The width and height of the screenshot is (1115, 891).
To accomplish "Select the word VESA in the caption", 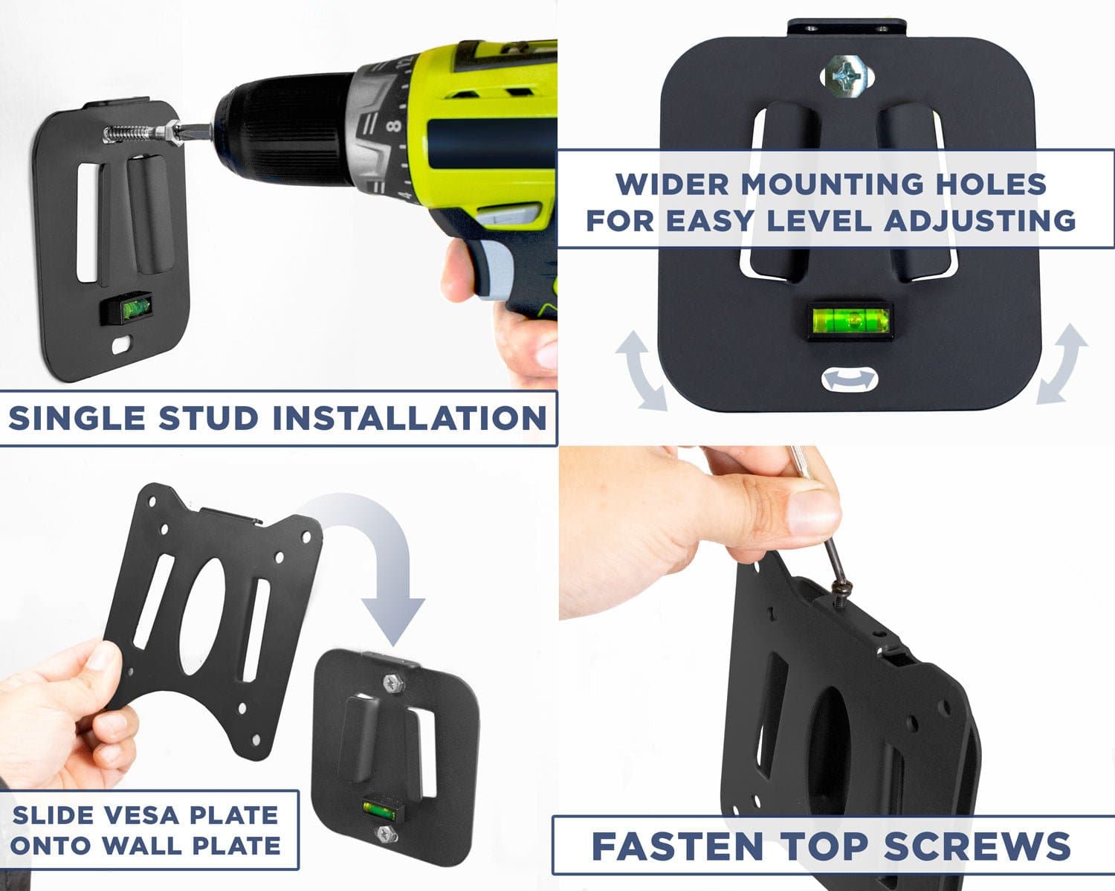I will click(x=148, y=814).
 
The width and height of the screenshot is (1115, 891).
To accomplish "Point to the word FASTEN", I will click(x=677, y=846).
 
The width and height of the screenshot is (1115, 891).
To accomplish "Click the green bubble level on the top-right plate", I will click(x=850, y=321).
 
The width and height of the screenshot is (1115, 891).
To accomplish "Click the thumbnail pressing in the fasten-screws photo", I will click(x=807, y=512).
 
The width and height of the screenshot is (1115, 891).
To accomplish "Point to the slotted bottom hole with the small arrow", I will click(x=850, y=380).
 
